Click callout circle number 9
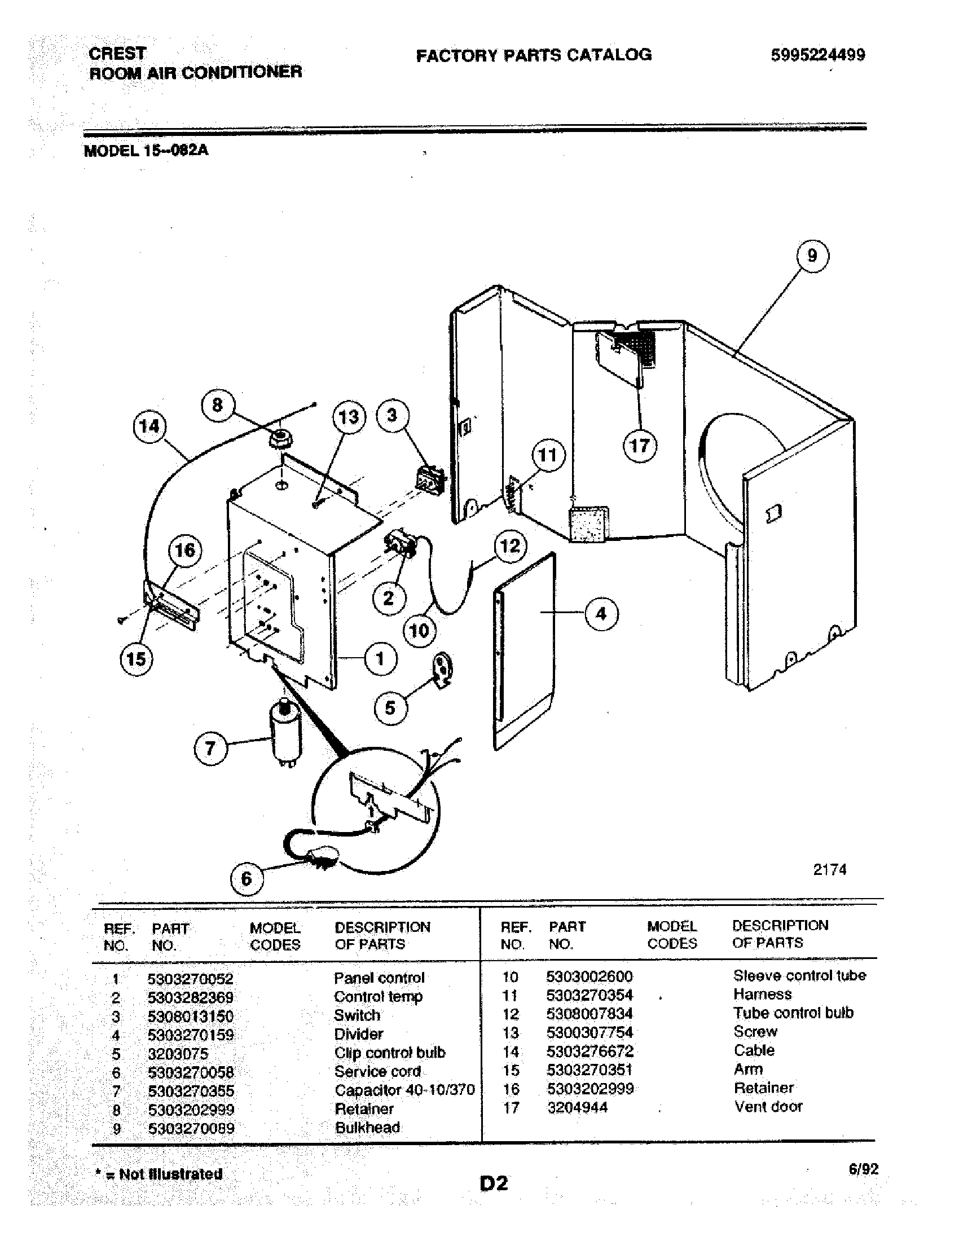[812, 256]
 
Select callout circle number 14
[149, 426]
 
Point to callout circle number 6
[246, 878]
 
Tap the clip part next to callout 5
[443, 671]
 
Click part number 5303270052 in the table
[190, 979]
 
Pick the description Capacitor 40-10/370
[404, 1090]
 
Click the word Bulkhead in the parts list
[367, 1128]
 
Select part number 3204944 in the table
[577, 1107]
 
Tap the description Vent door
[768, 1106]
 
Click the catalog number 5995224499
[817, 55]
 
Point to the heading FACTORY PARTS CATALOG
[534, 55]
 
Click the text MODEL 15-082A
[146, 151]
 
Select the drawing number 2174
[829, 870]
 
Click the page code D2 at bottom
[494, 1183]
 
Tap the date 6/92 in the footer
[864, 1169]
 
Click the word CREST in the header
[117, 54]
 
